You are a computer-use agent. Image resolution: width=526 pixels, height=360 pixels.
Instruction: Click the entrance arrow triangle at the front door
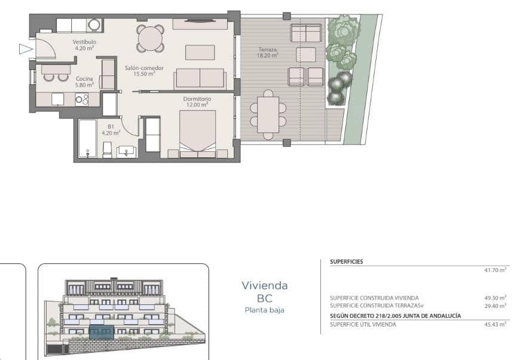pos(25,49)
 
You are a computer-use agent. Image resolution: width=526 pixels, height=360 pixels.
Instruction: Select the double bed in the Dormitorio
pos(198,133)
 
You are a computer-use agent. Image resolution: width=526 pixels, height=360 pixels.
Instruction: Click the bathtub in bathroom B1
pos(87,139)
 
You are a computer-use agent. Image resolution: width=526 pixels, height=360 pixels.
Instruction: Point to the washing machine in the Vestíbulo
pos(94,25)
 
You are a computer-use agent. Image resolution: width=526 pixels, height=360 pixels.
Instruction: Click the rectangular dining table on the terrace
pos(268,114)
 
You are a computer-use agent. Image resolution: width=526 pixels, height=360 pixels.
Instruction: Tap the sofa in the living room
pos(200,78)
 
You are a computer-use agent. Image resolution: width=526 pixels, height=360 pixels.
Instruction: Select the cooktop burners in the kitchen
pos(82,99)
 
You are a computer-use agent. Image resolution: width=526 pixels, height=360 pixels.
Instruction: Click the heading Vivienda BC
pos(264,292)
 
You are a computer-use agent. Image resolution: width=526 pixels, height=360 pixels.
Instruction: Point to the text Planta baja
pos(264,310)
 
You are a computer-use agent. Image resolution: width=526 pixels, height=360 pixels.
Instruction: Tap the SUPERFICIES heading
pos(347,262)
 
